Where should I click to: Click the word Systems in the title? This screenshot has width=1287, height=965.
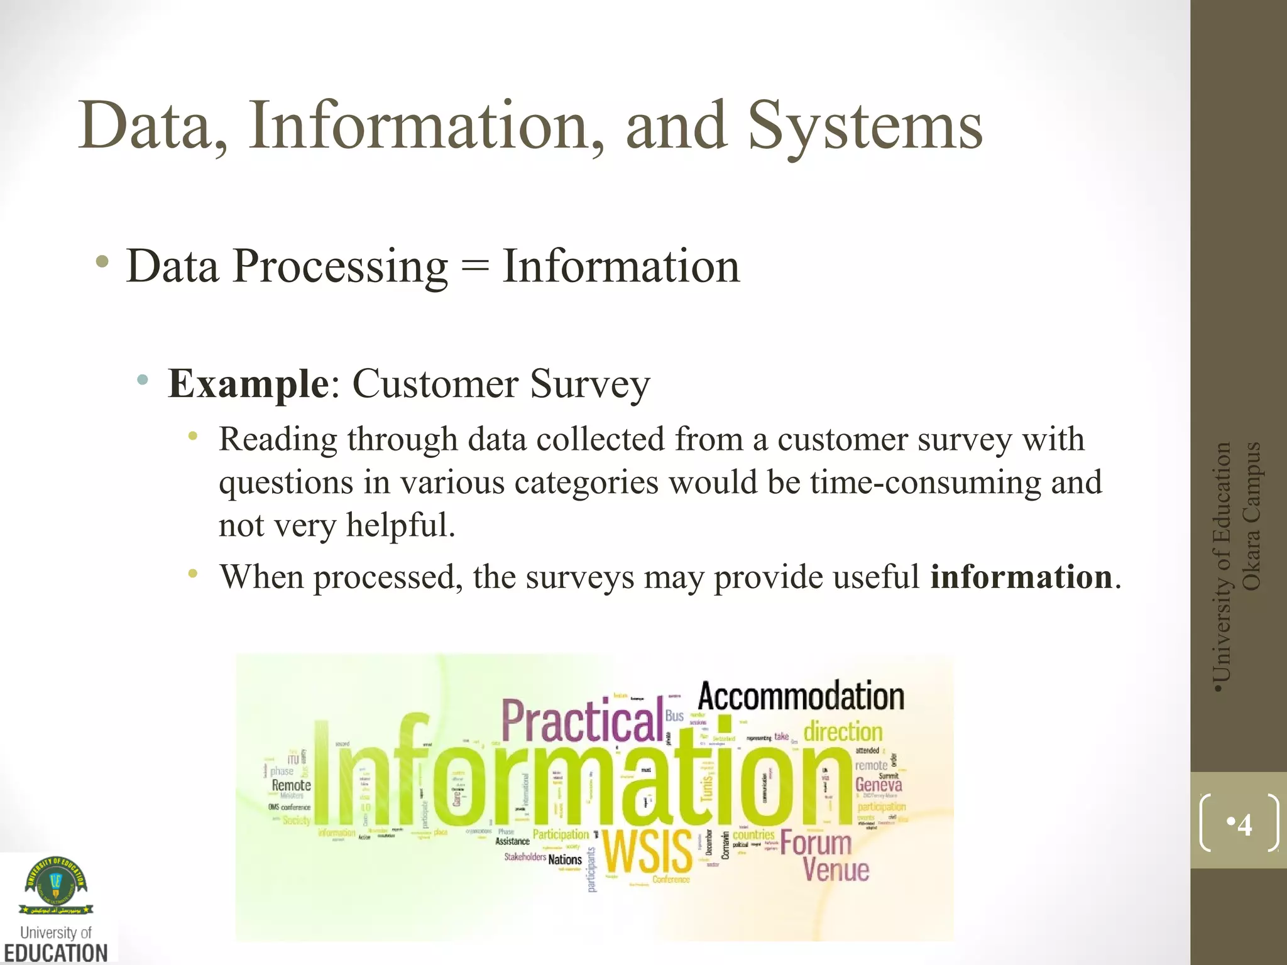pyautogui.click(x=865, y=128)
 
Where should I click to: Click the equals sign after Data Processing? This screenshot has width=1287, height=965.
pyautogui.click(x=474, y=267)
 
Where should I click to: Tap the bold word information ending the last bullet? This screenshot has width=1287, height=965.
pyautogui.click(x=1021, y=577)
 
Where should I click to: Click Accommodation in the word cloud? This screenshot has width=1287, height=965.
pyautogui.click(x=801, y=696)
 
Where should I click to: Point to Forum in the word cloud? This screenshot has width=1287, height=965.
pyautogui.click(x=816, y=842)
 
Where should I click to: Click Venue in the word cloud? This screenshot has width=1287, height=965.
pyautogui.click(x=836, y=870)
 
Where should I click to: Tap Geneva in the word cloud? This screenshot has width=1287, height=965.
pyautogui.click(x=879, y=784)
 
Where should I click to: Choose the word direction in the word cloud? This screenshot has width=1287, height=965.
pyautogui.click(x=843, y=732)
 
